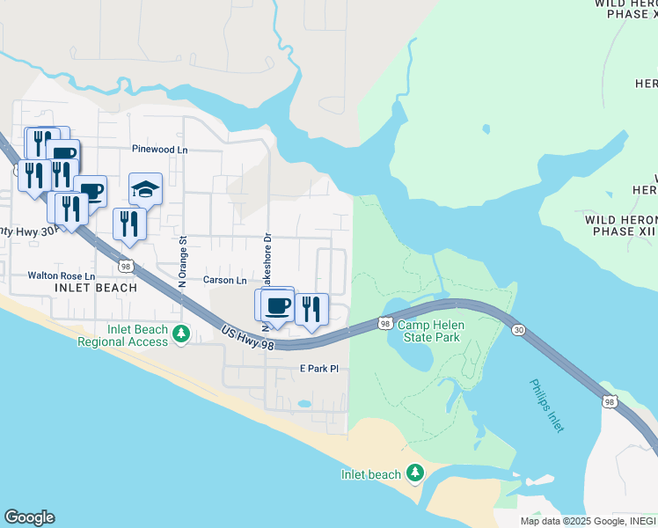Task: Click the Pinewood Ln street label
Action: [159, 150]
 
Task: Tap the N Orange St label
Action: [183, 261]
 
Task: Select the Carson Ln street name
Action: [225, 281]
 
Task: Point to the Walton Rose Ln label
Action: [62, 275]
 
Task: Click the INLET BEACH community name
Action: [96, 288]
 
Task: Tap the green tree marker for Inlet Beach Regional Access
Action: [181, 334]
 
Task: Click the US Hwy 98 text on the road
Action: [249, 339]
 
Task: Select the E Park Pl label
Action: [318, 369]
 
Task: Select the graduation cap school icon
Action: [146, 188]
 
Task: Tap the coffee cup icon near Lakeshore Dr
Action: [278, 305]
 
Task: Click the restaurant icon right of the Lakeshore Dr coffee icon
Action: [311, 308]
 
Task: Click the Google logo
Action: [29, 517]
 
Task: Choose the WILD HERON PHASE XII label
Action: [621, 224]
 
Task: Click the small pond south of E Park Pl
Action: [303, 404]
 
